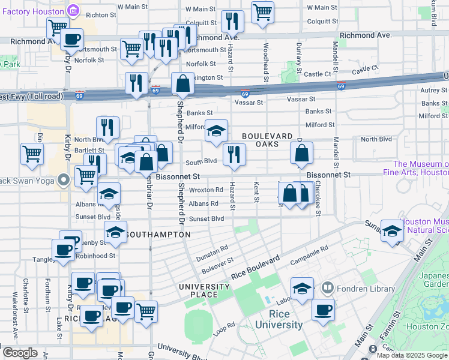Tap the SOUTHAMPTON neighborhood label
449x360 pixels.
click(x=159, y=235)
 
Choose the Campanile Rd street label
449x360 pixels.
click(x=309, y=255)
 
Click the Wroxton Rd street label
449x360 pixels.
click(x=206, y=190)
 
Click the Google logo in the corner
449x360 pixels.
click(x=20, y=353)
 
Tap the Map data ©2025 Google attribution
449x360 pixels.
click(x=412, y=355)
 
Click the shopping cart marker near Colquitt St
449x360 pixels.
click(x=262, y=12)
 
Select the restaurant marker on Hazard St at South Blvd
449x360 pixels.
click(x=234, y=154)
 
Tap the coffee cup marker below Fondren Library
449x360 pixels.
click(x=323, y=309)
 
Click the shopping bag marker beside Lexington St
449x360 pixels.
click(x=182, y=82)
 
